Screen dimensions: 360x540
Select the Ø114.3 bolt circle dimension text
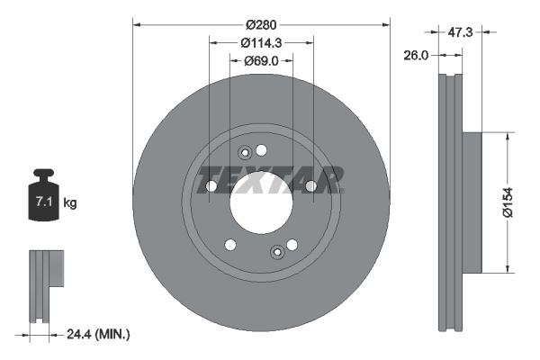click(262, 41)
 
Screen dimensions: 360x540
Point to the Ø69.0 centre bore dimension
click(262, 60)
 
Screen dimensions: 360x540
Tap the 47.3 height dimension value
click(461, 31)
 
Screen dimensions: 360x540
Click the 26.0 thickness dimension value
click(415, 55)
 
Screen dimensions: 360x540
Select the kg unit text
click(70, 203)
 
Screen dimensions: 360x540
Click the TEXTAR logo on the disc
click(271, 179)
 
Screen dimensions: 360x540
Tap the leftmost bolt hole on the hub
click(211, 186)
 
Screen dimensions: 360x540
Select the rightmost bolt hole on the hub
click(310, 186)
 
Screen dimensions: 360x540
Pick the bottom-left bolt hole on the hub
click(230, 244)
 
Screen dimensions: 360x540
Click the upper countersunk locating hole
click(244, 155)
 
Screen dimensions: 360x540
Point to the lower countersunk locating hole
click(277, 250)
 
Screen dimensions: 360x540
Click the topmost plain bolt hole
click(262, 149)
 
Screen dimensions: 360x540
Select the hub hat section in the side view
click(473, 202)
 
